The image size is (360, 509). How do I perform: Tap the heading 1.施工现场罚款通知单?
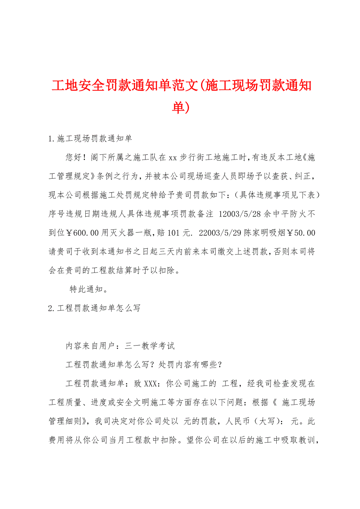point(90,139)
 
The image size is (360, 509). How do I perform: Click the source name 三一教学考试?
point(150,346)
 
